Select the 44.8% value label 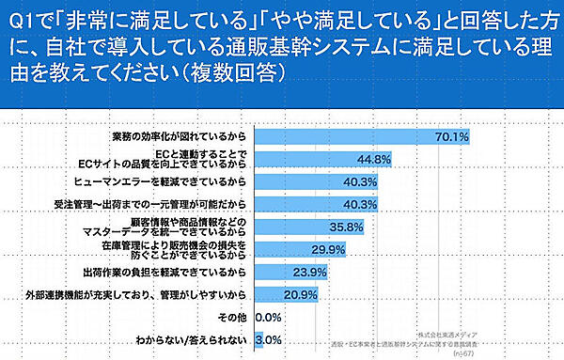pyautogui.click(x=373, y=159)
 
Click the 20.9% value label pyautogui.click(x=301, y=294)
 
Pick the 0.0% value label pyautogui.click(x=270, y=318)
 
